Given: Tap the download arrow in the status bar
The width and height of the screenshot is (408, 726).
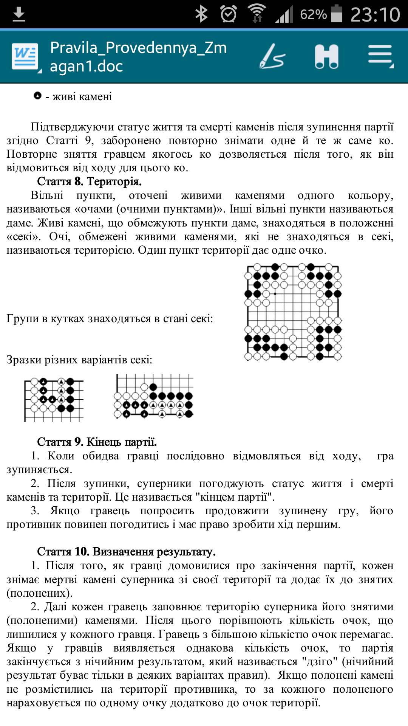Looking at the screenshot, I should (19, 15).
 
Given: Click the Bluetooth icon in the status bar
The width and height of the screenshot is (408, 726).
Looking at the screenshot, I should (201, 14).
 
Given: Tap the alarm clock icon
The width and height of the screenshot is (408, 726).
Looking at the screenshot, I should (229, 14).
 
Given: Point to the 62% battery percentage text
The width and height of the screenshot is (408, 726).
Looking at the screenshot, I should (313, 15).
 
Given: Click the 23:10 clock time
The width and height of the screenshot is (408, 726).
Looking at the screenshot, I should (375, 15).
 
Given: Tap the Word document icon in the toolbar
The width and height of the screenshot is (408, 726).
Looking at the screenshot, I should (25, 57).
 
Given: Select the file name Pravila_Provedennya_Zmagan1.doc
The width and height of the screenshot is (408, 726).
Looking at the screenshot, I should (138, 57).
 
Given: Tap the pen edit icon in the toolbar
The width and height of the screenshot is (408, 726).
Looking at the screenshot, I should (272, 57).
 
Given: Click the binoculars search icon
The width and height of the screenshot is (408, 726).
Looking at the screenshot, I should (327, 57).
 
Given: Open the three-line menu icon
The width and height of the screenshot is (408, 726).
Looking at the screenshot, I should (380, 57).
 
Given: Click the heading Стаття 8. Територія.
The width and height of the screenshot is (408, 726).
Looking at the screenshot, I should (89, 181).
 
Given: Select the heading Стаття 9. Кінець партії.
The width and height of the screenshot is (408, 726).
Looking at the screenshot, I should (97, 442).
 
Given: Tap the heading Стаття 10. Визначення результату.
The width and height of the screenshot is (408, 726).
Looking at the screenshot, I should (126, 552).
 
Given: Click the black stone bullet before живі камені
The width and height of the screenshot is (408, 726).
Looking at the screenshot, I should (37, 96).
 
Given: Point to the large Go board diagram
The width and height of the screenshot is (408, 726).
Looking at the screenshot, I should (293, 311).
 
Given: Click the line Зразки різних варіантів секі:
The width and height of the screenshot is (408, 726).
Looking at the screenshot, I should (79, 360).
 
